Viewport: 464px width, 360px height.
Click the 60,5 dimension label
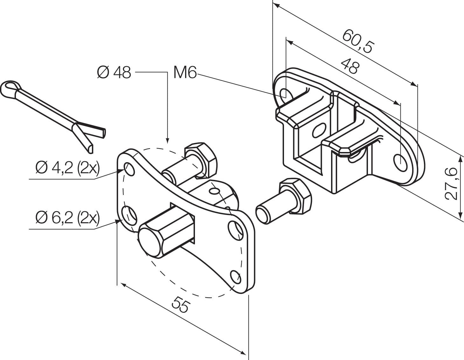coord(357,41)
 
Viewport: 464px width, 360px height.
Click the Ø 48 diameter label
coord(114,73)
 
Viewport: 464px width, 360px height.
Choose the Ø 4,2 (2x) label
coord(68,168)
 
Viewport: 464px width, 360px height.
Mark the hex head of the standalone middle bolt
coord(295,196)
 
